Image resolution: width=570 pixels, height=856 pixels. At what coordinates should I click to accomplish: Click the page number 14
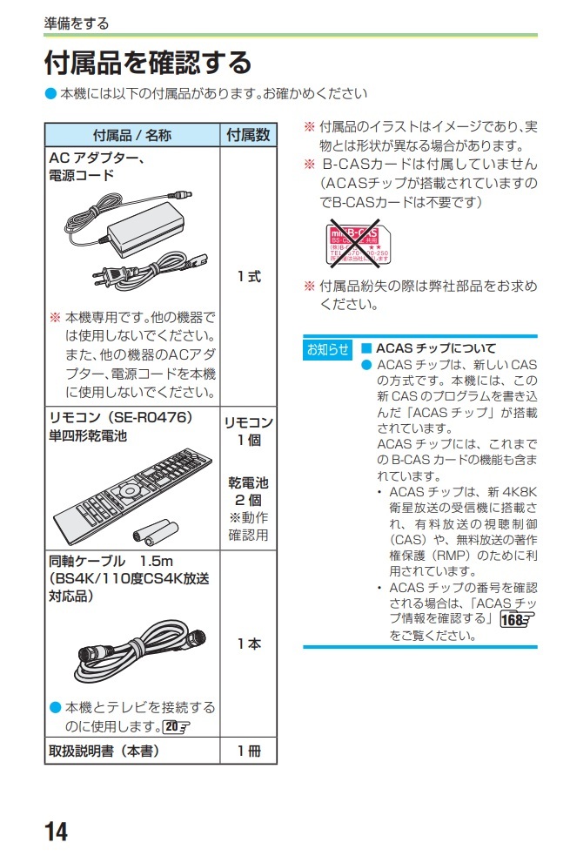pos(55,831)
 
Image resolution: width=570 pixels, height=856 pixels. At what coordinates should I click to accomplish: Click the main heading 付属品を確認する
pos(148,63)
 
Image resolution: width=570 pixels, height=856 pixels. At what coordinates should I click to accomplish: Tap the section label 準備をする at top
pos(77,24)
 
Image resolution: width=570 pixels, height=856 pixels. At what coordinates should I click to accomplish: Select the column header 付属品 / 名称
pos(131,135)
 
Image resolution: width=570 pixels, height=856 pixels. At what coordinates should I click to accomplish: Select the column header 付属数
pos(248,135)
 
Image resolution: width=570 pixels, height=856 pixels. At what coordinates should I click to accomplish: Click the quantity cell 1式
pos(248,277)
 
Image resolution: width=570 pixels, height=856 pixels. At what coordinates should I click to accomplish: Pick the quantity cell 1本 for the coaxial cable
pos(248,644)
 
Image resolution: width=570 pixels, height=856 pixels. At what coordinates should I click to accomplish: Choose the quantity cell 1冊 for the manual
pos(248,750)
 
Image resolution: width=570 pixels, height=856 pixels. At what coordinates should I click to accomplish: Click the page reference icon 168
pos(517,618)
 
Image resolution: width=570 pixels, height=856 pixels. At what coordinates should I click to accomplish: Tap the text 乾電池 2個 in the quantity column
pos(248,491)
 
